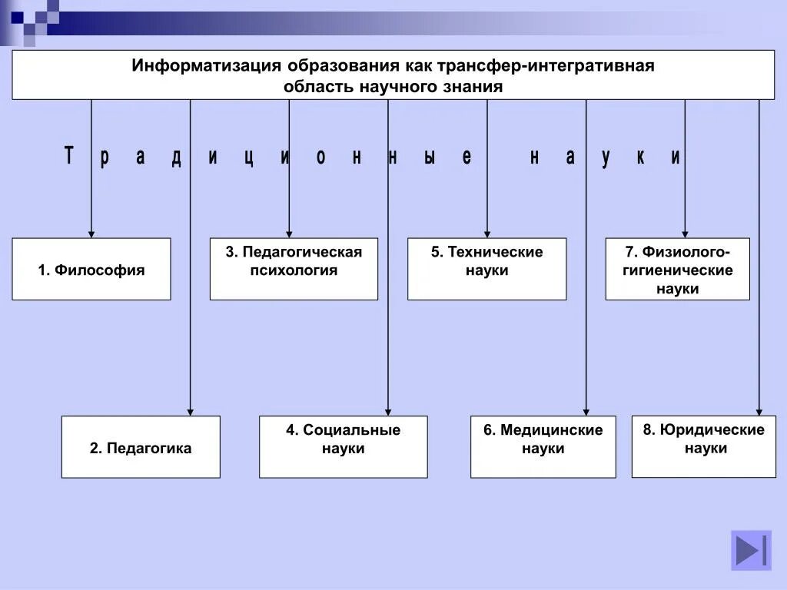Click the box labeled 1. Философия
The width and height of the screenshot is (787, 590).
pos(91,269)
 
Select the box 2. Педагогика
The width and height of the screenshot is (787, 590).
pos(141,447)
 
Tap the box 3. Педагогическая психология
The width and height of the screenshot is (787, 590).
pos(294,269)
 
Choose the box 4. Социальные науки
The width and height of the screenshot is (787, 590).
pos(343,447)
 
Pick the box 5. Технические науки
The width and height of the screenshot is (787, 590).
pos(486,269)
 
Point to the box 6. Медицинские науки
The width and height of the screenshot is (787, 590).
pos(543,447)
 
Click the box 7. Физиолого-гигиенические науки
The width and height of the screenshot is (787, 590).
pos(677,269)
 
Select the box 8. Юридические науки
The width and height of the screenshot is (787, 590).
pos(704,446)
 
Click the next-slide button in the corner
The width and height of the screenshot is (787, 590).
pos(751,550)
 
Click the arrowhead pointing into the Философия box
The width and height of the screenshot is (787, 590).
pos(91,234)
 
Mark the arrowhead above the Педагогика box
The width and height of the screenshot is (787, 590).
pos(191,412)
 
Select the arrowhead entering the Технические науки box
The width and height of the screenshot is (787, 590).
pos(487,234)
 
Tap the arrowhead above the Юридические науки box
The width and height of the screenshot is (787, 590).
pos(759,412)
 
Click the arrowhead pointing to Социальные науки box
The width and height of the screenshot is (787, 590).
pos(388,412)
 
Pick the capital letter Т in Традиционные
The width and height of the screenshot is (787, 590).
pos(68,157)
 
